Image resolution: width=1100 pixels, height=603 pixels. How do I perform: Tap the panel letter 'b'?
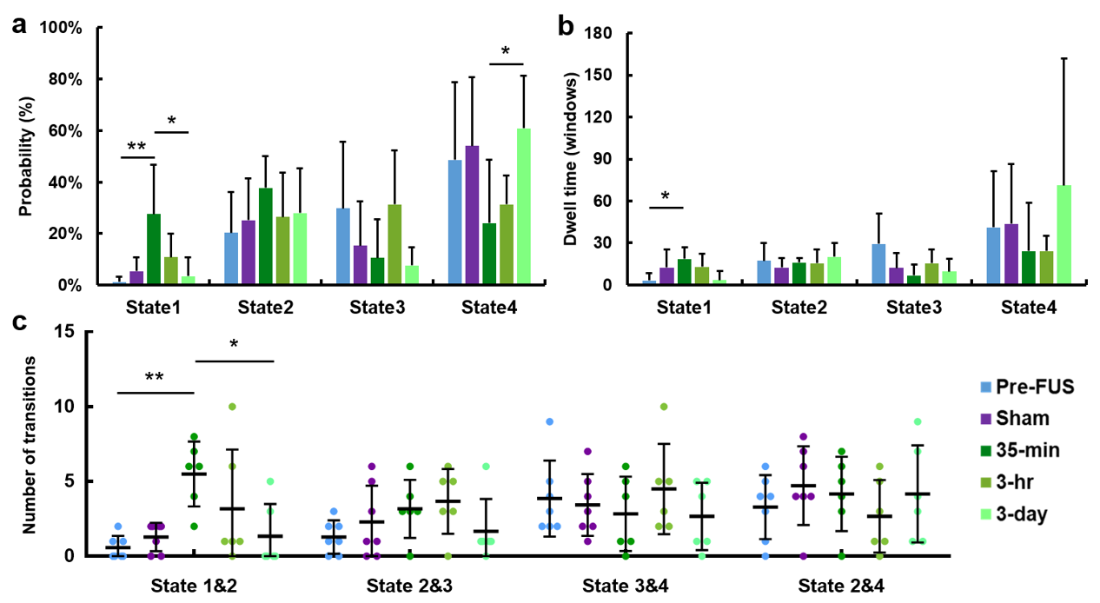pos(566,26)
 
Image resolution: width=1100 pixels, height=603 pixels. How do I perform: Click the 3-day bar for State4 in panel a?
pos(524,206)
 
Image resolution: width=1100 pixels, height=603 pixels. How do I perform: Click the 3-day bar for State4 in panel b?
pos(1064,235)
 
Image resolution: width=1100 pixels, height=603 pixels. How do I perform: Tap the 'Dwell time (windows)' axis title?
pos(572,158)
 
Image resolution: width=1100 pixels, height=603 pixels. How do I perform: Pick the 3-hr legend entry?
pos(1022,482)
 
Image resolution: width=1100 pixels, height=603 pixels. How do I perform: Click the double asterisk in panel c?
pos(154,378)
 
